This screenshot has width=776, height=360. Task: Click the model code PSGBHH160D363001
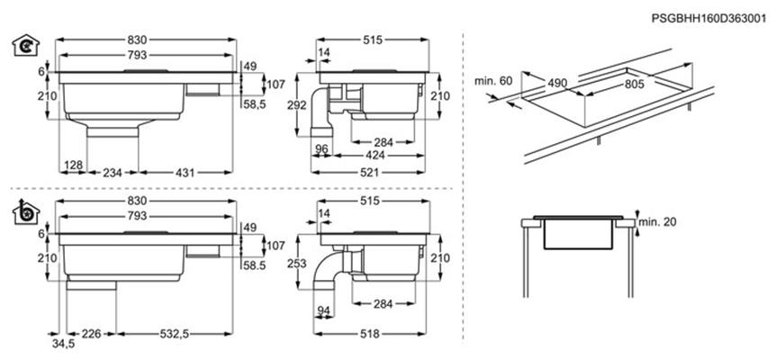[708, 19]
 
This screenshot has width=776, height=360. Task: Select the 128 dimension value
[73, 165]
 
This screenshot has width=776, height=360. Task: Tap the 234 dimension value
[113, 173]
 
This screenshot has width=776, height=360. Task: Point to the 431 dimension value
[185, 173]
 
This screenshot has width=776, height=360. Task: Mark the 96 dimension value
[321, 148]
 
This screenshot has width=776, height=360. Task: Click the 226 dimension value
[91, 334]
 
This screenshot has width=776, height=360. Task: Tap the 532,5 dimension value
[175, 334]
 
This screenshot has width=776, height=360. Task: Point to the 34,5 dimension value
[63, 344]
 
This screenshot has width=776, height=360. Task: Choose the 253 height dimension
[296, 264]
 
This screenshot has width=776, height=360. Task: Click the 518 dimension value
[370, 334]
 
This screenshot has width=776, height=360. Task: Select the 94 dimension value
[323, 310]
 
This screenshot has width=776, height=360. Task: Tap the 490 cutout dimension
[556, 84]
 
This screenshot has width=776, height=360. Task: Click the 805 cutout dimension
[634, 85]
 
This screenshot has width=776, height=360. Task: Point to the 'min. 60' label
[493, 81]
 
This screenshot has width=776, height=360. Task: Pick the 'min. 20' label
[657, 222]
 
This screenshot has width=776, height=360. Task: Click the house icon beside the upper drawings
[25, 45]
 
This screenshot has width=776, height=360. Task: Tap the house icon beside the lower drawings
[26, 211]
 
